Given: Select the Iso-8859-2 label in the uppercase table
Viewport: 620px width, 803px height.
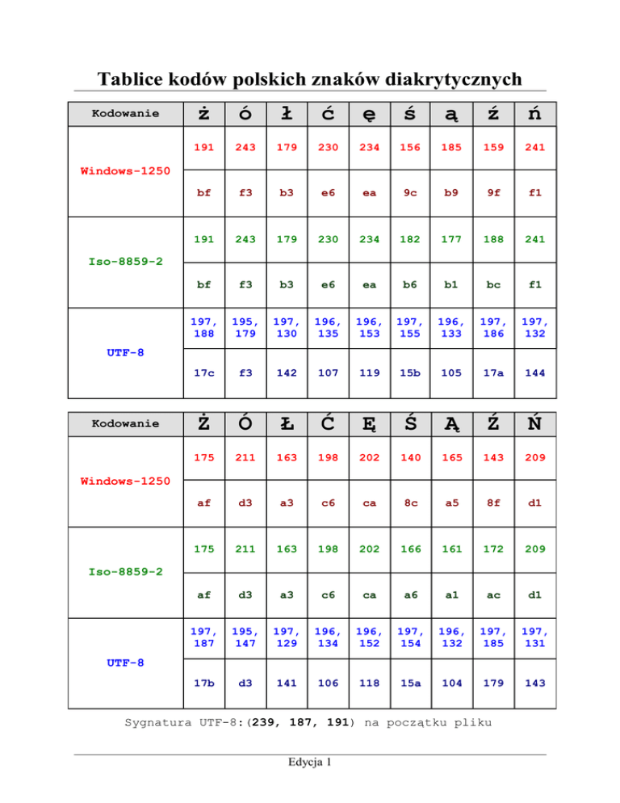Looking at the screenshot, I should point(124,571).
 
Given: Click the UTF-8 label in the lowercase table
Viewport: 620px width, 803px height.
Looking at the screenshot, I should point(124,352).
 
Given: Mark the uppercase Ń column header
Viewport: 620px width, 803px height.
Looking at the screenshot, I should point(534,423).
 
